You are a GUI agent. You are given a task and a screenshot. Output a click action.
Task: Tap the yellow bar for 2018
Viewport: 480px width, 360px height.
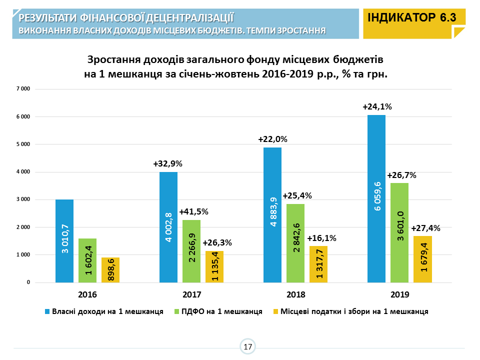click(318, 264)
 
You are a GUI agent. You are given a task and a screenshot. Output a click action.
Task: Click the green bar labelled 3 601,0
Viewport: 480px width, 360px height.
click(399, 232)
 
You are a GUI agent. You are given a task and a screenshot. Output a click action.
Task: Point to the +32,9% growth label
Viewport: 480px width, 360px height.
click(168, 163)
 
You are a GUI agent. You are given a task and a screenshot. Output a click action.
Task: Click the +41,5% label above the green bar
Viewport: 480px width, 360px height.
click(193, 211)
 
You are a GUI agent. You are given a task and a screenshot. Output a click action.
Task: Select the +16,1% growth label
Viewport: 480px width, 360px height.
click(321, 238)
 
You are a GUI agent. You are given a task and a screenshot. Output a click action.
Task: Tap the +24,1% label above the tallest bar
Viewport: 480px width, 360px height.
click(377, 106)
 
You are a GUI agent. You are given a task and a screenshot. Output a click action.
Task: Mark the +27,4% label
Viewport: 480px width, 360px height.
click(425, 228)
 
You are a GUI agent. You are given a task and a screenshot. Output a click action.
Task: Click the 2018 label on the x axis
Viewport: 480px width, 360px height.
click(295, 294)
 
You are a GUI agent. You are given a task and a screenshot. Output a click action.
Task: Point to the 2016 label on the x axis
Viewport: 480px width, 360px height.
click(87, 294)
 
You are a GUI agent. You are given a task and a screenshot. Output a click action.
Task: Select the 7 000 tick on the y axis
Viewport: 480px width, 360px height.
click(23, 89)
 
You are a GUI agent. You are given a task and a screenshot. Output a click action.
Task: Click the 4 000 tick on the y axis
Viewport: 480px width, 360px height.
click(23, 172)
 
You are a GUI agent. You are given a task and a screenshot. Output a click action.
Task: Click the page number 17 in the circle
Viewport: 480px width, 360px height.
click(247, 346)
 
